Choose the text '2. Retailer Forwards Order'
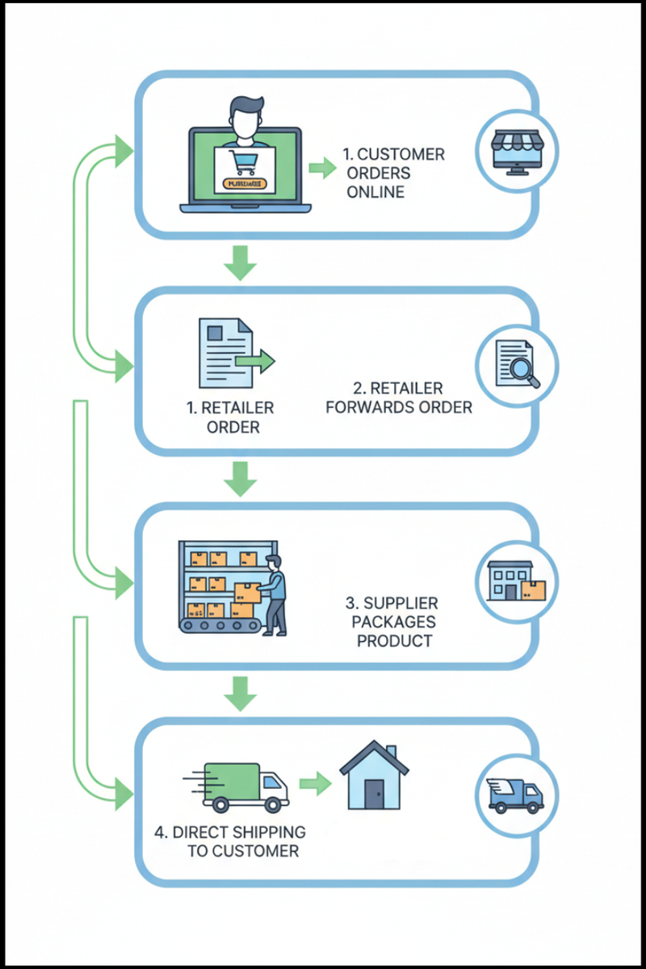(398, 397)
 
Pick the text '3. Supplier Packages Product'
(391, 622)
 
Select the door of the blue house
(372, 795)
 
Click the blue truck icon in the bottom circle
(517, 795)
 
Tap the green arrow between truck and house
(315, 782)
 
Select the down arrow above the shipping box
(240, 692)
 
